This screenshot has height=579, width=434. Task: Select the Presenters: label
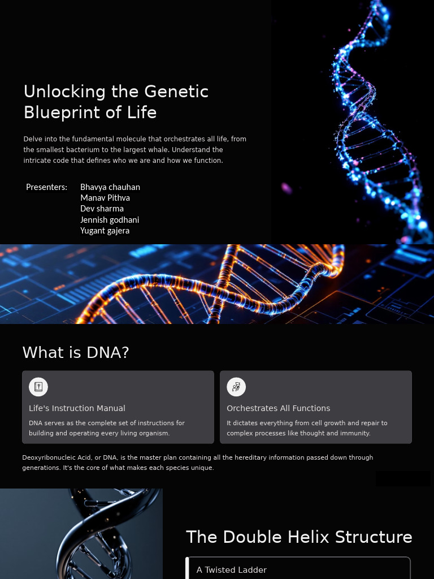[x=46, y=187]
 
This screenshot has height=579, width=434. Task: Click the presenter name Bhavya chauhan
[x=110, y=187]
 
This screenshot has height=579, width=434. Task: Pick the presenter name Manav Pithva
[x=105, y=198]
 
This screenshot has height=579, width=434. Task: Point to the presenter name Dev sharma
[x=102, y=209]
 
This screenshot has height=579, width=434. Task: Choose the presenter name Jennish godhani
[x=110, y=220]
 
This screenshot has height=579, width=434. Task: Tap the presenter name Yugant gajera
[x=105, y=231]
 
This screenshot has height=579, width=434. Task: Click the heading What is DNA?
[x=76, y=353]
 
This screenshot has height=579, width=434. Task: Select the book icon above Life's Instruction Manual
[x=38, y=387]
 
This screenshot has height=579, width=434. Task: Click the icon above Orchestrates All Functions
[x=236, y=387]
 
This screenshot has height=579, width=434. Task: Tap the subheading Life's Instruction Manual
[x=77, y=408]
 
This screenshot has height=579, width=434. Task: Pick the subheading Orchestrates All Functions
[x=278, y=408]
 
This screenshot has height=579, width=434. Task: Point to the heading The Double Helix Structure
[x=299, y=537]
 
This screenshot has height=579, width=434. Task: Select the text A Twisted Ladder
[x=231, y=570]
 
